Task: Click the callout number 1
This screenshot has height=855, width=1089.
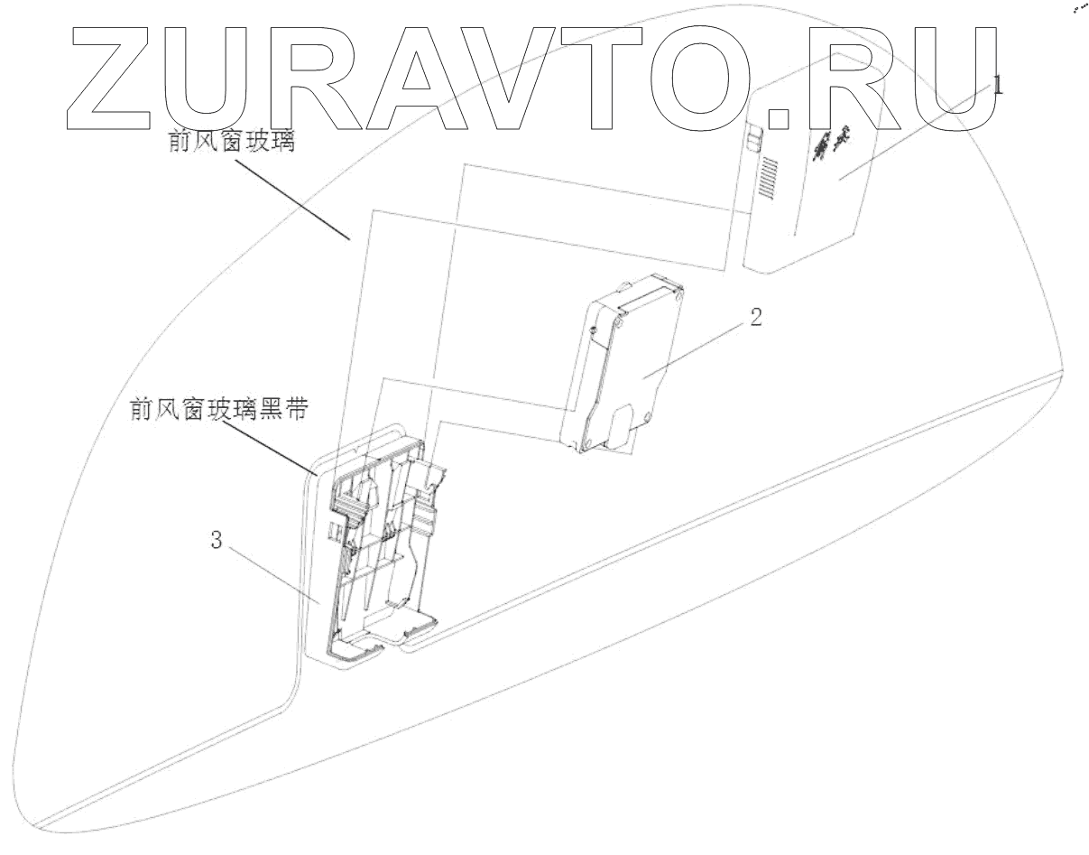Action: point(998,87)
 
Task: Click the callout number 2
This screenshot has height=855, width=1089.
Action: point(756,317)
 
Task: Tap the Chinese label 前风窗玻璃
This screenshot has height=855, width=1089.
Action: point(232,142)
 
